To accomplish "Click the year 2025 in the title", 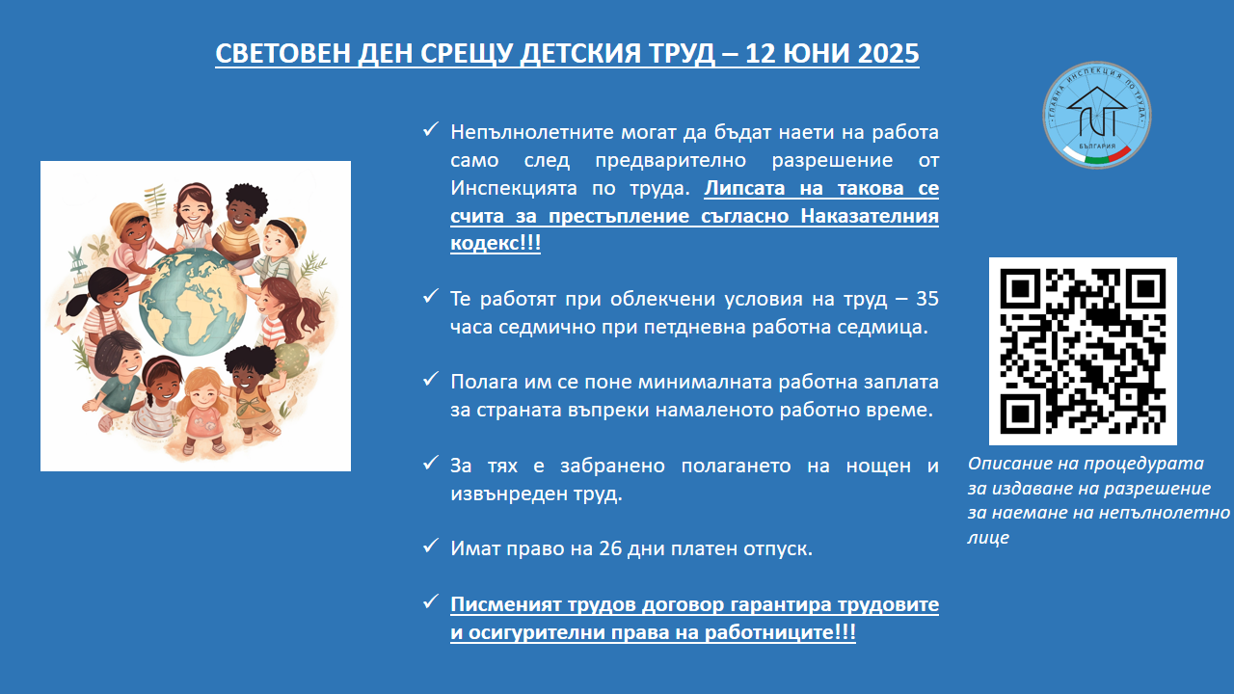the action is point(888,53).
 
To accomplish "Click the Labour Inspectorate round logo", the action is point(1096,115).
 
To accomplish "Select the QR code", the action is point(1083,351).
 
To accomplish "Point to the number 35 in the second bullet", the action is point(927,299).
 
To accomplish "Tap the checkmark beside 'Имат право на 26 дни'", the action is point(430,546).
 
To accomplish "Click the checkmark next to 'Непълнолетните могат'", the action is point(430,129).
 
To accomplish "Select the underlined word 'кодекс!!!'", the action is point(496,243).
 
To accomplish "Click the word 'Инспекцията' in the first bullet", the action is point(514,188).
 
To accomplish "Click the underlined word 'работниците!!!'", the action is point(780,632).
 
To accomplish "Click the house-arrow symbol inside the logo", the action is point(1096,111).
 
